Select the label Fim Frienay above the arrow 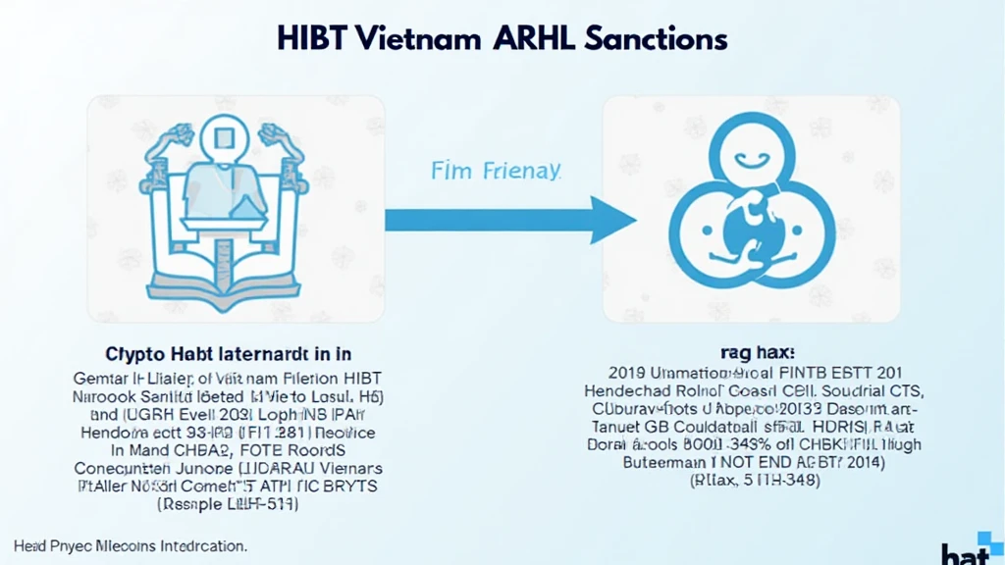[496, 171]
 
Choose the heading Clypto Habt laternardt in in [228, 353]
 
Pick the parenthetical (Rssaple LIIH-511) [228, 504]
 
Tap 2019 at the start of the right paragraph [627, 373]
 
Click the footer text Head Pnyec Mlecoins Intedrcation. [130, 544]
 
